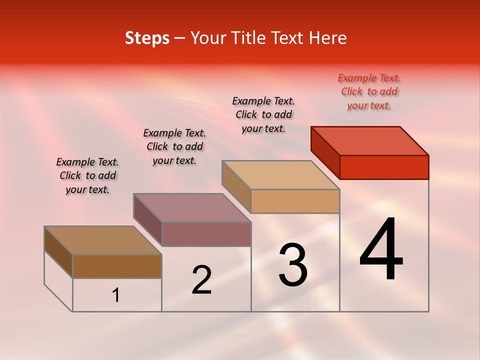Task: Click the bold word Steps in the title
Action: point(147,38)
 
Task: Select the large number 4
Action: point(381,249)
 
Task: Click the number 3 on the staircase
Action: point(293,265)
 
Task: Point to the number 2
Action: point(201,280)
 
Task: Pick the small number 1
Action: point(116,295)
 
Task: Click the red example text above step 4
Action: point(369,91)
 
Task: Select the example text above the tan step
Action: point(263,114)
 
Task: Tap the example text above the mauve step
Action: point(174,146)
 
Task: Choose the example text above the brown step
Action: point(87,175)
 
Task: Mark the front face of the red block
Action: point(384,167)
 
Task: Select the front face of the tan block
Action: point(295,201)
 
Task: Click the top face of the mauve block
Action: point(192,207)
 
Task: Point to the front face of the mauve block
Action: point(206,234)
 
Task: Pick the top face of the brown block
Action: point(103,240)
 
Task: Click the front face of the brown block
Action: point(117,266)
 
